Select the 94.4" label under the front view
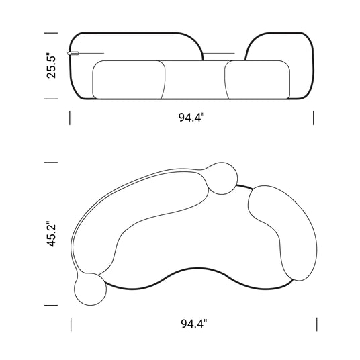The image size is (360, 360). tap(191, 118)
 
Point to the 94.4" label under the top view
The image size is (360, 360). tap(193, 324)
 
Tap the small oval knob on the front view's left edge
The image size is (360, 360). tap(73, 53)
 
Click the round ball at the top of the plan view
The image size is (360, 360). tap(221, 179)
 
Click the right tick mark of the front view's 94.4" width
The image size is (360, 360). tap(314, 118)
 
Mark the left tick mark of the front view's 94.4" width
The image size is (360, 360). tap(70, 118)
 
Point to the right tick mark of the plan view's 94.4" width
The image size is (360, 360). tap(317, 324)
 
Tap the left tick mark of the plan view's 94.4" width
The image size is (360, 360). tap(71, 324)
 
